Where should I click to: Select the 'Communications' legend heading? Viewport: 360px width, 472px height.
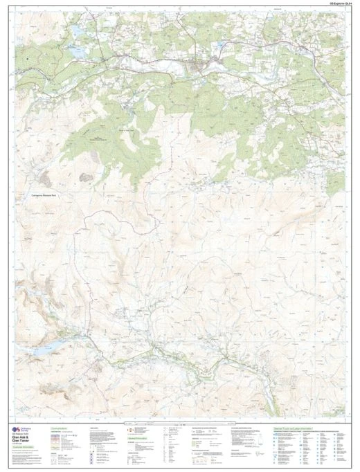coord(60,429)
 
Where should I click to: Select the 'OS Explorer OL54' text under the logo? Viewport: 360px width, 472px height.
coord(21,437)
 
